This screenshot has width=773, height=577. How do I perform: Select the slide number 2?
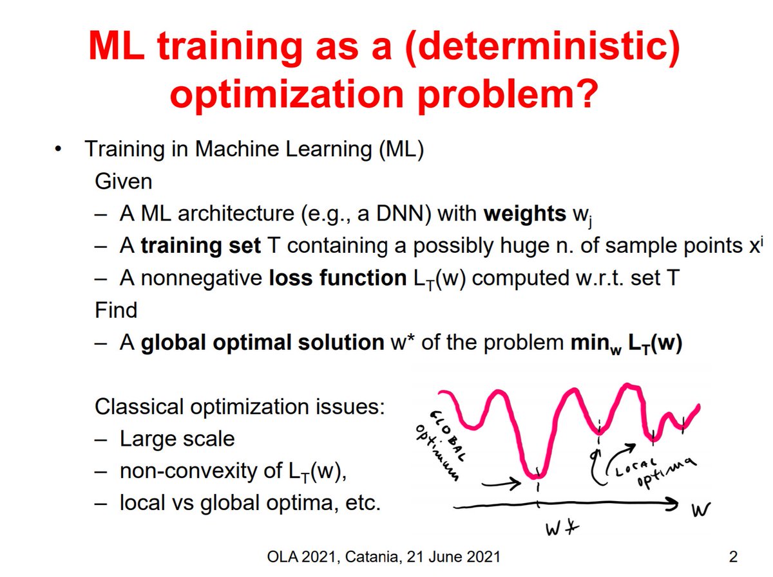(x=732, y=557)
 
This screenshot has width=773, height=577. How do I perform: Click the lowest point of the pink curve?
(x=536, y=476)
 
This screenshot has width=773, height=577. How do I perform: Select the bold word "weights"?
(x=524, y=214)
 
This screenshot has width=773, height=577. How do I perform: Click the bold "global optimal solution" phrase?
(x=262, y=343)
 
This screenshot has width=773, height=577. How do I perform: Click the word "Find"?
(x=115, y=311)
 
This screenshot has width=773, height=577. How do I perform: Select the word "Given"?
(x=123, y=182)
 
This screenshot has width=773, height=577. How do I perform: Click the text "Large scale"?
(x=177, y=439)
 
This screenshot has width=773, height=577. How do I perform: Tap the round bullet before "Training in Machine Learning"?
(x=59, y=150)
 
